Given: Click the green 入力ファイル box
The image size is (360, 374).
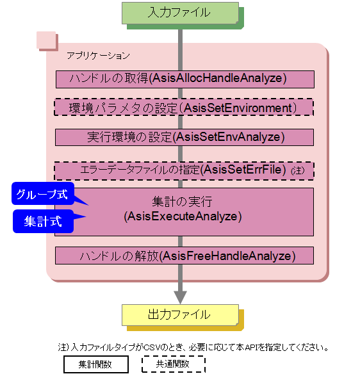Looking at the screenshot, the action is (180, 13).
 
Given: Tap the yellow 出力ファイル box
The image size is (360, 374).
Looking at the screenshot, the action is (180, 315).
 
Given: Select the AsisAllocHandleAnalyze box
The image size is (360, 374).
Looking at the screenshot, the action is (185, 79).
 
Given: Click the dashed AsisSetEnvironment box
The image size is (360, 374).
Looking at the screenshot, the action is (184, 108).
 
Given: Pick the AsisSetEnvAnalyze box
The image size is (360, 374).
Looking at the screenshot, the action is (184, 137).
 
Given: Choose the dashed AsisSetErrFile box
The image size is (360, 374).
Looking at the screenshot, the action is (184, 171).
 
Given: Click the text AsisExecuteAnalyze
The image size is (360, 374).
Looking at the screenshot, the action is (183, 216).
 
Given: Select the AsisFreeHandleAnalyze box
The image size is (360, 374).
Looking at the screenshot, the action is (184, 256).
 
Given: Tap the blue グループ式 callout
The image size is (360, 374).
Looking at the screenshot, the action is (43, 193).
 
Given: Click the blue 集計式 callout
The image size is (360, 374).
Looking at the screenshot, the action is (43, 221).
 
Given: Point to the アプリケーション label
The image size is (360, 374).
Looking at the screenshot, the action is (98, 56).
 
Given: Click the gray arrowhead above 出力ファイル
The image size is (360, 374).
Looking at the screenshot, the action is (181, 297).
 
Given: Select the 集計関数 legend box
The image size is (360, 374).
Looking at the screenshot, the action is (96, 364).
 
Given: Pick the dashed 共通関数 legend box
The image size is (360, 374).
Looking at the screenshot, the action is (174, 364).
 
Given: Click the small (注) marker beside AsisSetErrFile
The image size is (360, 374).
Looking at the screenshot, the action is (298, 170).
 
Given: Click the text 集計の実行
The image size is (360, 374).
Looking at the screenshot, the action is (183, 202).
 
